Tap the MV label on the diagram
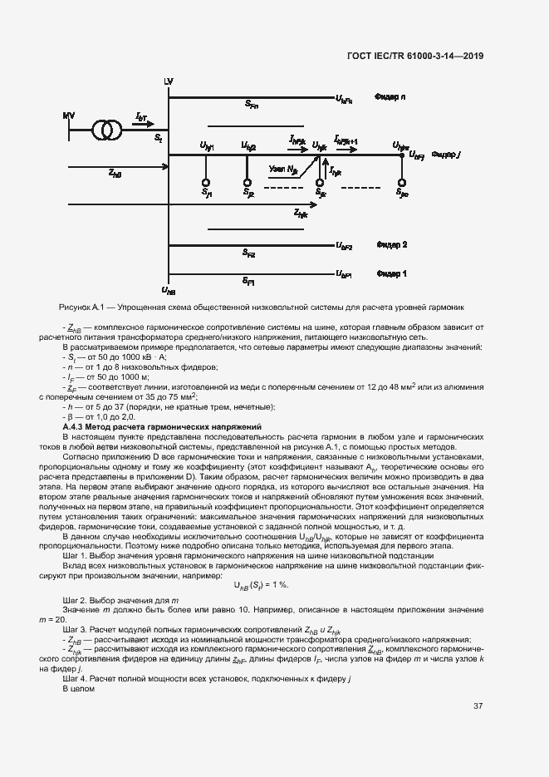(68, 116)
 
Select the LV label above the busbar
(169, 81)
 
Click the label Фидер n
(390, 97)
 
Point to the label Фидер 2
(392, 245)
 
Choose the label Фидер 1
(392, 273)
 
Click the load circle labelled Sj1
(206, 183)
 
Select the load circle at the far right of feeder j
(402, 183)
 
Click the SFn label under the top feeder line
(252, 106)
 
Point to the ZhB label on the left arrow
(115, 173)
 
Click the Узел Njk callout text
(282, 169)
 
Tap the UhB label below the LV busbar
(169, 290)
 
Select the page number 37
(478, 706)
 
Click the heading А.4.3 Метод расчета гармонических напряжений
(162, 426)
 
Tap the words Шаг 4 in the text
(75, 679)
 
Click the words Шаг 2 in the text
(75, 600)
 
